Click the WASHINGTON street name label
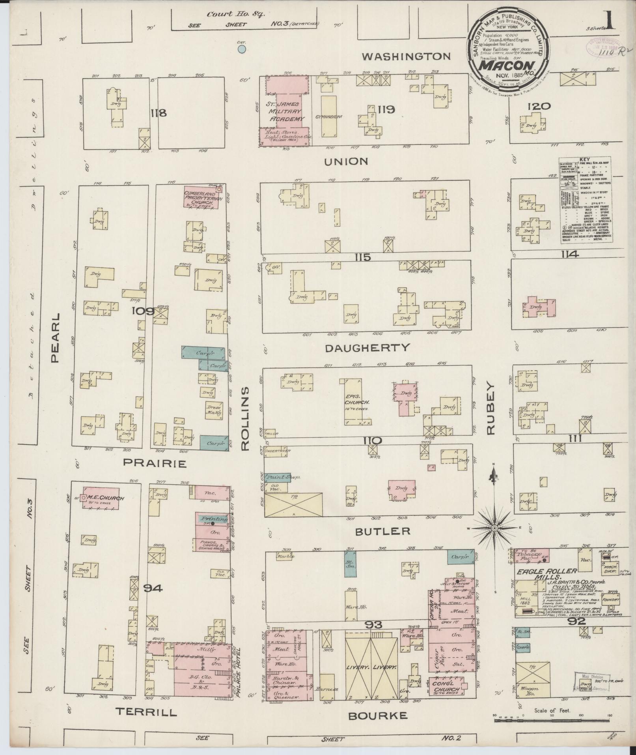406,56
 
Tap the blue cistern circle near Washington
242,49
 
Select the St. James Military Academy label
284,112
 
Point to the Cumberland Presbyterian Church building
203,196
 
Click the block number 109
144,311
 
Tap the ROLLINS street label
245,418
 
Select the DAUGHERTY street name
367,348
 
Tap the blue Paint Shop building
278,477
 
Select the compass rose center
494,528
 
